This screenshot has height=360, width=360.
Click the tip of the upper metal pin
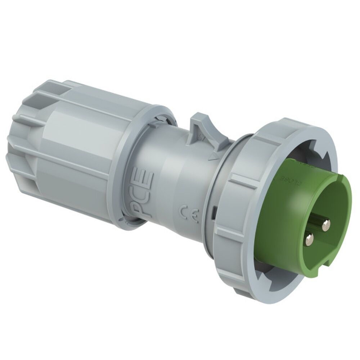(x=326, y=226)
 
